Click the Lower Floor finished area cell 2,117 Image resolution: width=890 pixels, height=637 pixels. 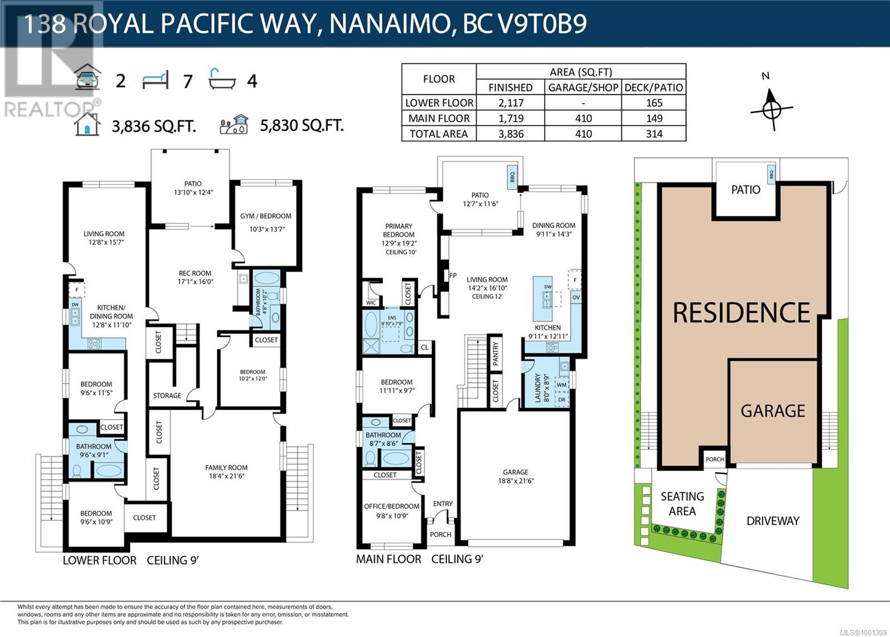[511, 103]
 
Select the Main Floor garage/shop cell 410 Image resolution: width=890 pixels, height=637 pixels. [583, 118]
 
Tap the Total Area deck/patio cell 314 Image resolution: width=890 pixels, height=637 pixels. [654, 134]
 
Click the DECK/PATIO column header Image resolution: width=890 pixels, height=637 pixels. [654, 87]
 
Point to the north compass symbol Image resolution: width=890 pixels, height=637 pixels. [772, 107]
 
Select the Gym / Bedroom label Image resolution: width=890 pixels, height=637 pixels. [265, 216]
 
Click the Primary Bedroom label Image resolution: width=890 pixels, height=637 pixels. [398, 230]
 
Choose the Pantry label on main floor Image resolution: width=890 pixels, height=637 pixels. [496, 354]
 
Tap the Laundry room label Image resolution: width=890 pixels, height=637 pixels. [537, 388]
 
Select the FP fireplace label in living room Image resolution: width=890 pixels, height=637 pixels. [453, 275]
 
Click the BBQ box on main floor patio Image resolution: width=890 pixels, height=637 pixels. [512, 177]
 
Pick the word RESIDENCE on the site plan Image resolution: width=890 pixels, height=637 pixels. [741, 313]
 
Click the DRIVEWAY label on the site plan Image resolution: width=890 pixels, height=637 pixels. [773, 521]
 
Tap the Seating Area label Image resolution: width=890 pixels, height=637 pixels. [682, 503]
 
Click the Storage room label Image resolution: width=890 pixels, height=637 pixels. [167, 396]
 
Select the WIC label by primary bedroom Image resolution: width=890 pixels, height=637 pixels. [371, 303]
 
